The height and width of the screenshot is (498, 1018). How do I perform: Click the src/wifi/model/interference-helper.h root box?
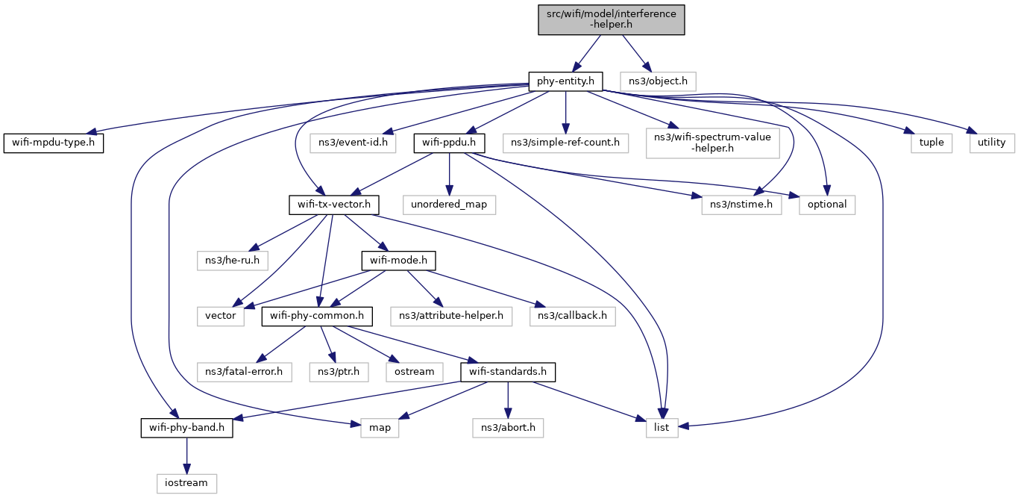coord(612,19)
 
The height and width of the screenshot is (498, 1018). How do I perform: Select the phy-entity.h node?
coord(565,81)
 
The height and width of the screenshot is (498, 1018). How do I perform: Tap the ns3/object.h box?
coord(658,81)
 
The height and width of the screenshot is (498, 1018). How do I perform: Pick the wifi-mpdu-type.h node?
coord(54,143)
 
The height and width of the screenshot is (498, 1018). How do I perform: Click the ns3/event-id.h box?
coord(353,143)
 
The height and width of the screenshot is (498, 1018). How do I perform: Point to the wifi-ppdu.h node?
coord(449,143)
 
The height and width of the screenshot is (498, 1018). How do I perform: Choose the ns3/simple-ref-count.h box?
coord(565,143)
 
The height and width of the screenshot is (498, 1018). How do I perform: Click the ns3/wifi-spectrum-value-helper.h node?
coord(713,143)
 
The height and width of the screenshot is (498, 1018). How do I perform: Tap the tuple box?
coord(931,143)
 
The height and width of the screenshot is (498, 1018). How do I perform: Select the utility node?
coord(992,143)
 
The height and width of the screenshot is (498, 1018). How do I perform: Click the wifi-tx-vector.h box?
coord(334,205)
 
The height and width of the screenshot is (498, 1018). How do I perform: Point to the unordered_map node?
coord(449,205)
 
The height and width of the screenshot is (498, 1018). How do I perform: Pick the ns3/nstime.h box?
coord(741,205)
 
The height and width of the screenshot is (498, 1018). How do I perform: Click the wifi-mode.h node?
coord(398,261)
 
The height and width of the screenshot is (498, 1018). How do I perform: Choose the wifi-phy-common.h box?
coord(317,316)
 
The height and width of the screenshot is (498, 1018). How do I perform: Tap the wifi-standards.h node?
coord(508,372)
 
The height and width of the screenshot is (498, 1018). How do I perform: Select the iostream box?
coord(186,483)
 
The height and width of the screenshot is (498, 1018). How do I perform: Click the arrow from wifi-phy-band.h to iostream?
coord(186,455)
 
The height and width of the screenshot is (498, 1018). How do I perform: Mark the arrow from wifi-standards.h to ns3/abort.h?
coord(508,400)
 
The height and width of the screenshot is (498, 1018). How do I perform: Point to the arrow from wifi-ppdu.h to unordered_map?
coord(449,174)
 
